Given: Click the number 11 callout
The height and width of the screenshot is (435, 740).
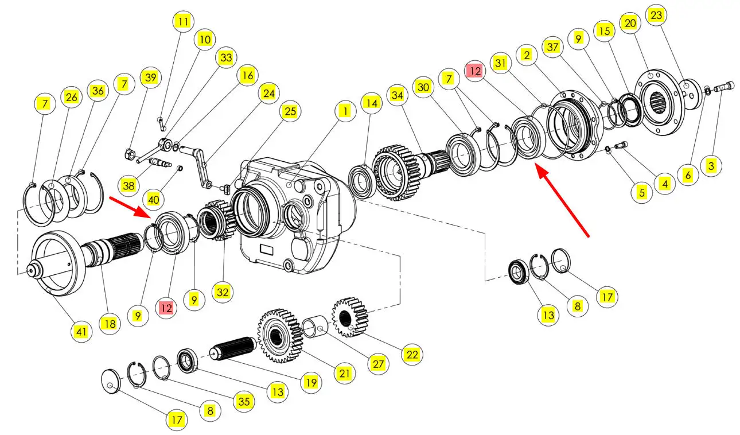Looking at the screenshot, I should point(182,22).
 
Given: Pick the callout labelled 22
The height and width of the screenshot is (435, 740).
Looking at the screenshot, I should point(412,355).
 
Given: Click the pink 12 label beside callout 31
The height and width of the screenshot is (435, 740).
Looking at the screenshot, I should point(475,71).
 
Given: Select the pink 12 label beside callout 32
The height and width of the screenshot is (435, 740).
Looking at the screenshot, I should point(166,308).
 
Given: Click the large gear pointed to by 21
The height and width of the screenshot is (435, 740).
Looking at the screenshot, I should point(279,336).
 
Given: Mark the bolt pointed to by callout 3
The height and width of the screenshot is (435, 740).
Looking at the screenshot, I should point(723,87).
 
